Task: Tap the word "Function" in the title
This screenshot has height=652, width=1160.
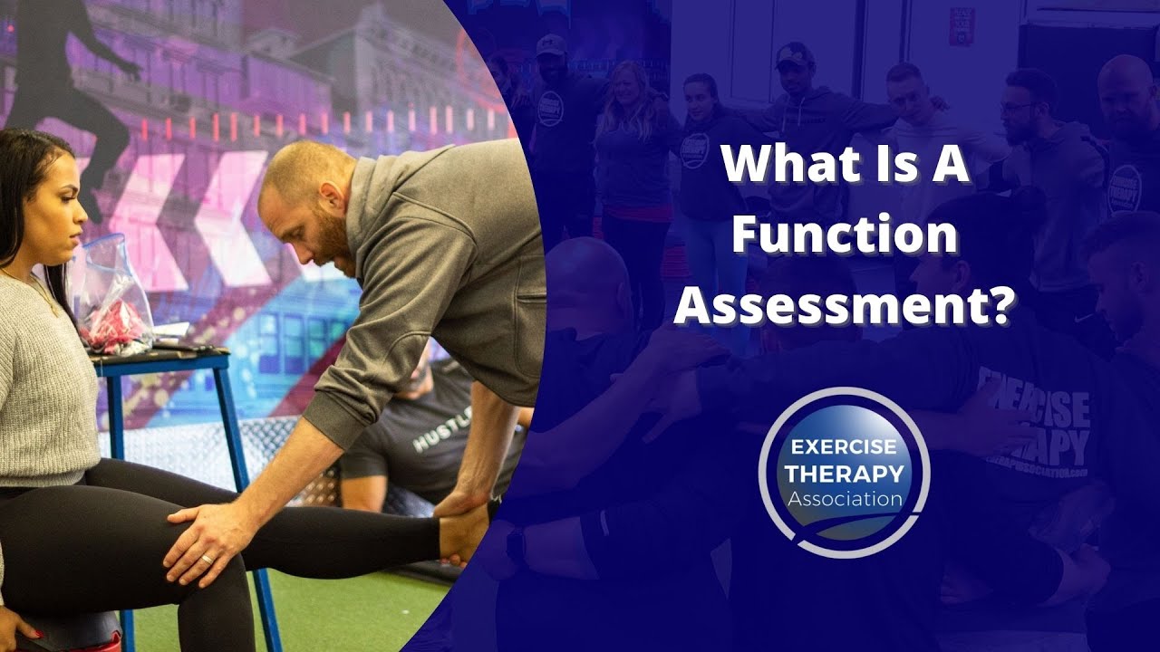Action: pyautogui.click(x=845, y=237)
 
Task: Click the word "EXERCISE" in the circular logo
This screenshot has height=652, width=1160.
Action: pyautogui.click(x=843, y=448)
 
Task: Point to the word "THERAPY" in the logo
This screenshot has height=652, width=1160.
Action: pyautogui.click(x=844, y=473)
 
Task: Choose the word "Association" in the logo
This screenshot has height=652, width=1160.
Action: pyautogui.click(x=844, y=498)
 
